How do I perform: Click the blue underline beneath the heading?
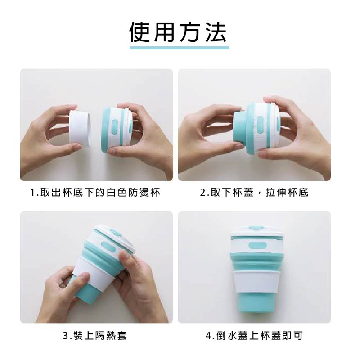[179, 48]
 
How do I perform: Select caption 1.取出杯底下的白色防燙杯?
[95, 193]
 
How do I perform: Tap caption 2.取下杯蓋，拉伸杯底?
[254, 193]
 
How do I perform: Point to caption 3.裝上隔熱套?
[95, 336]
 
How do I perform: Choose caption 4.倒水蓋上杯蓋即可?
[254, 336]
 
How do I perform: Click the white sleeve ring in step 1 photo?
[80, 129]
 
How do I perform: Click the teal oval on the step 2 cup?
[261, 125]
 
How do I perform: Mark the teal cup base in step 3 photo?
[85, 290]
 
